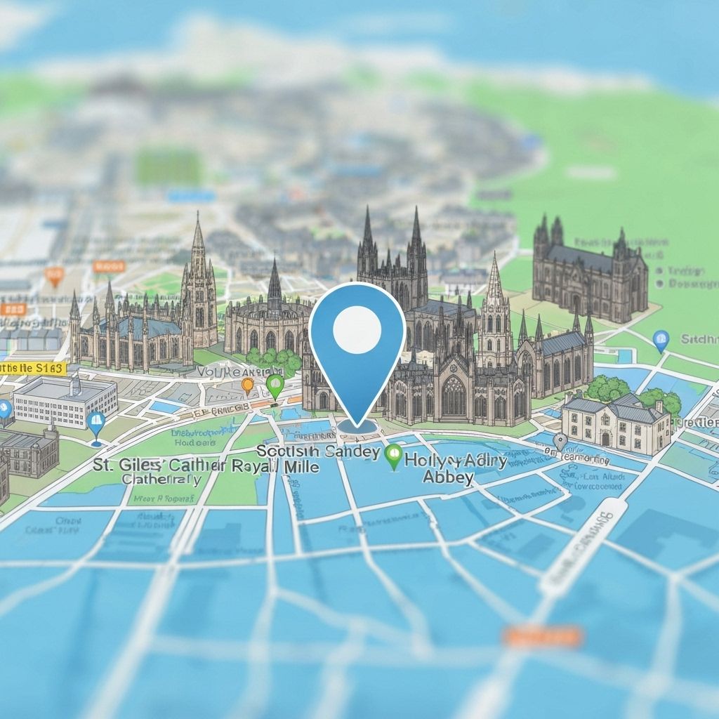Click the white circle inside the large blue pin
(357, 329)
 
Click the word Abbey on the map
(448, 477)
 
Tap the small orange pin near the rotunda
(247, 385)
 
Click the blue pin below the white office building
(96, 423)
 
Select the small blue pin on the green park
(661, 340)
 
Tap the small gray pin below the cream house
(560, 441)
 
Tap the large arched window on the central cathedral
(453, 397)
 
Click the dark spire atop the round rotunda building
(275, 281)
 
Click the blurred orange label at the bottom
(542, 637)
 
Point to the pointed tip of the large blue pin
(357, 424)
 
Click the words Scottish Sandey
(319, 451)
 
